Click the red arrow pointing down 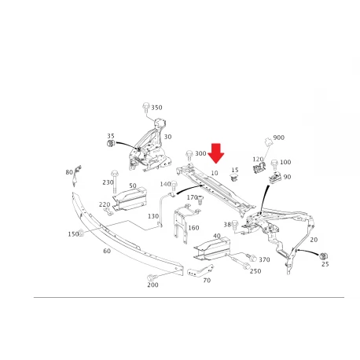coord(216,152)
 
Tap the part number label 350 coord(156,108)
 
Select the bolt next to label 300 coord(189,155)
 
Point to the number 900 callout coord(279,138)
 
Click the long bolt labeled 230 coord(114,182)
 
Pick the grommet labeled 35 coord(110,144)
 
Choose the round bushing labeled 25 coord(325,256)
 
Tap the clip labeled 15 coord(233,177)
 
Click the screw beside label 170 coord(200,200)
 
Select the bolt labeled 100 coord(274,164)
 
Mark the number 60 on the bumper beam coord(107,251)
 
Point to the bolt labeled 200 coord(151,277)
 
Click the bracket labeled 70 coord(200,270)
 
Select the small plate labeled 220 coord(108,211)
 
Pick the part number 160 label coord(193,228)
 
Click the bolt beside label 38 coord(235,226)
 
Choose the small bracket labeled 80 coord(77,175)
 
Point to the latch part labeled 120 coord(259,167)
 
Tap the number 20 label coord(314,240)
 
